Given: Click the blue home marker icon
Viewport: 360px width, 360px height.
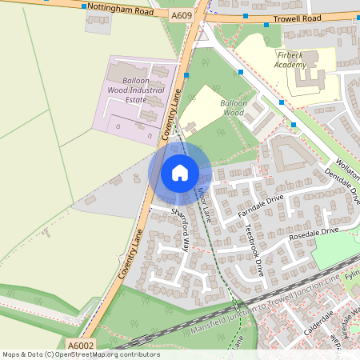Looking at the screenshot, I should click(180, 172).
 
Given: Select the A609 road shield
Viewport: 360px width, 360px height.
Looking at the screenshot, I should click(182, 14).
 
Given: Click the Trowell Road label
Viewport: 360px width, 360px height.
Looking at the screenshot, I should click(276, 17).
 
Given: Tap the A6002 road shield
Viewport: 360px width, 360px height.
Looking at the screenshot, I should click(81, 346).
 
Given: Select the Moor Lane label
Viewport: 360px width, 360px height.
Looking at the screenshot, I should click(202, 205).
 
